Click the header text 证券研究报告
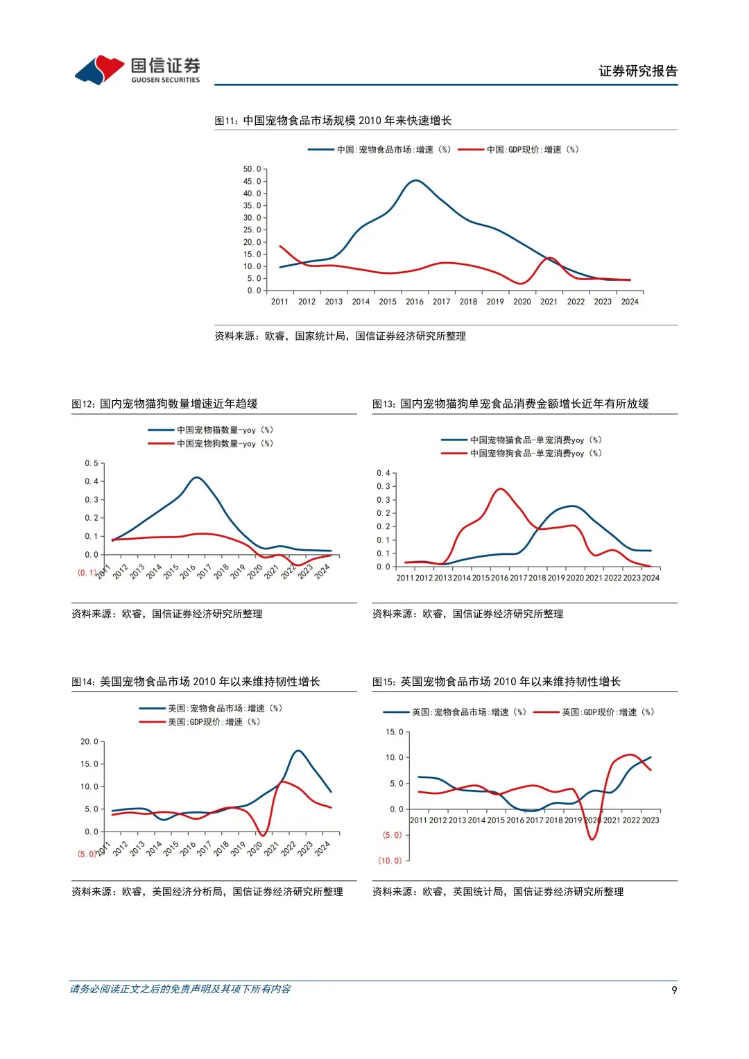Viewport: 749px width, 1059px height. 637,71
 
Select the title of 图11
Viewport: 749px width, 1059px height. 333,121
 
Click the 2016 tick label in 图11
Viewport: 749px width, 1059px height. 415,302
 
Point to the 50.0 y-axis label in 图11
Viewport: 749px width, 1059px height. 252,169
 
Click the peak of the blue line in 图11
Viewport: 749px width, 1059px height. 415,180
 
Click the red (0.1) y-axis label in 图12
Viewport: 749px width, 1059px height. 87,573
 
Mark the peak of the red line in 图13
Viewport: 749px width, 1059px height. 500,489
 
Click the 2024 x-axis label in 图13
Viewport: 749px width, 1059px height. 651,578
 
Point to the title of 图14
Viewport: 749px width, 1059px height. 196,682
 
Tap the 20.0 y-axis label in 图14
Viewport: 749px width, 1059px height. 89,741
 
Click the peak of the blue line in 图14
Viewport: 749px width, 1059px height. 298,750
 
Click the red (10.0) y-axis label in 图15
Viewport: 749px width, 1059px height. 390,861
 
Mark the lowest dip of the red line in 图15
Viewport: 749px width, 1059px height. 592,839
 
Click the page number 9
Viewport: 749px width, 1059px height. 674,990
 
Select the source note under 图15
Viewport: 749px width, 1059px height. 498,892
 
